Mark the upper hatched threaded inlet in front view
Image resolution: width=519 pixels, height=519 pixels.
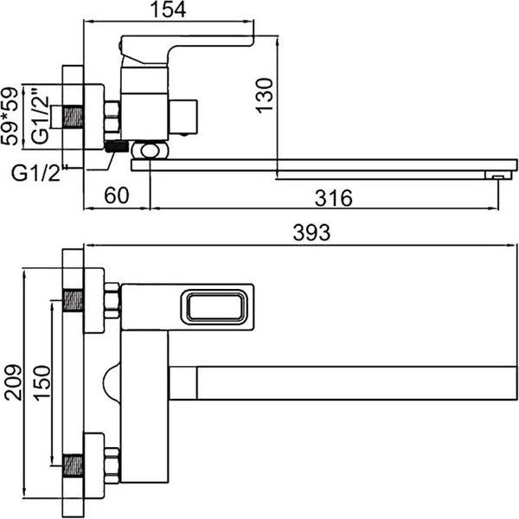click(74, 303)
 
